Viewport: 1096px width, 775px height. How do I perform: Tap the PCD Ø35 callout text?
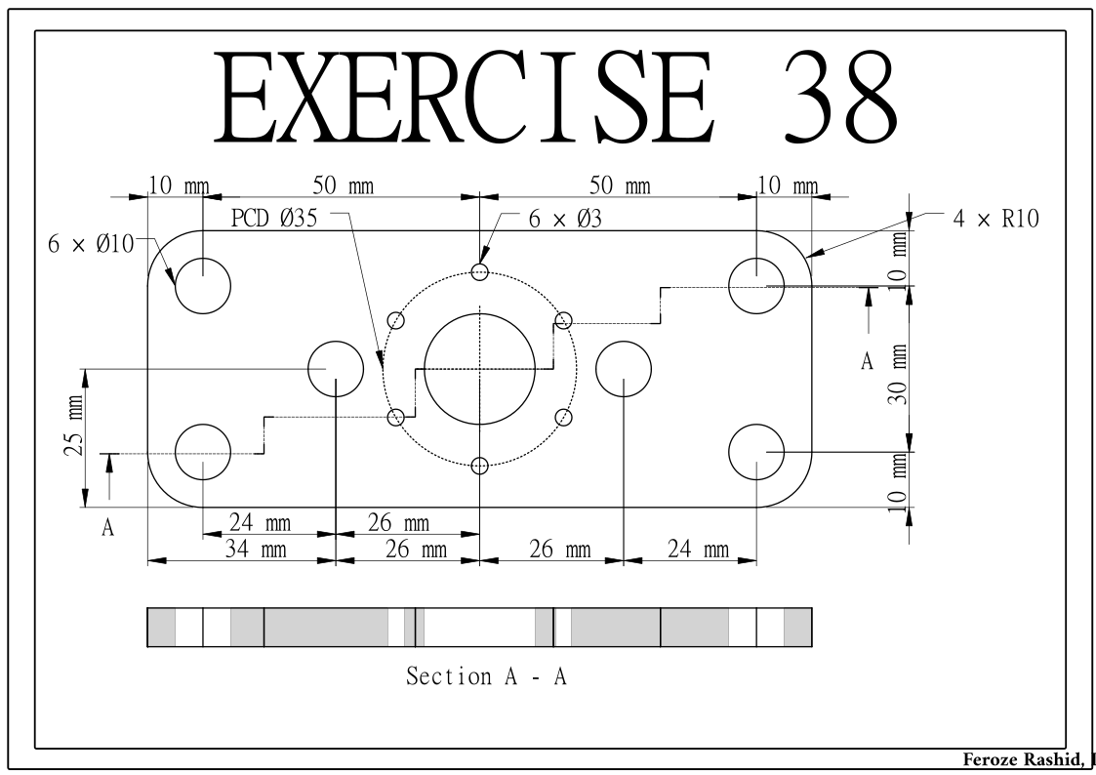[x=280, y=218]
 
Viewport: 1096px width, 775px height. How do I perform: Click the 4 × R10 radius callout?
[x=995, y=219]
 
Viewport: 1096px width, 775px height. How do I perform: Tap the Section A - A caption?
[x=486, y=675]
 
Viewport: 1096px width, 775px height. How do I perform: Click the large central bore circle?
[x=479, y=369]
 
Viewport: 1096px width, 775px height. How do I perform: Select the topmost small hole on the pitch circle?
[x=479, y=272]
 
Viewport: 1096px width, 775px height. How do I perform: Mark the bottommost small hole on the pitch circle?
[x=479, y=466]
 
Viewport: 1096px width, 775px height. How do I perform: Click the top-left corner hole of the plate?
[x=202, y=286]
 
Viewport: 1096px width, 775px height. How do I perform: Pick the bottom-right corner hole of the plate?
[x=757, y=452]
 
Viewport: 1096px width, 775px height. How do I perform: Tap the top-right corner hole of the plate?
[x=757, y=286]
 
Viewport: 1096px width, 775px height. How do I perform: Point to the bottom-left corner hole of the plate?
[x=202, y=452]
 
